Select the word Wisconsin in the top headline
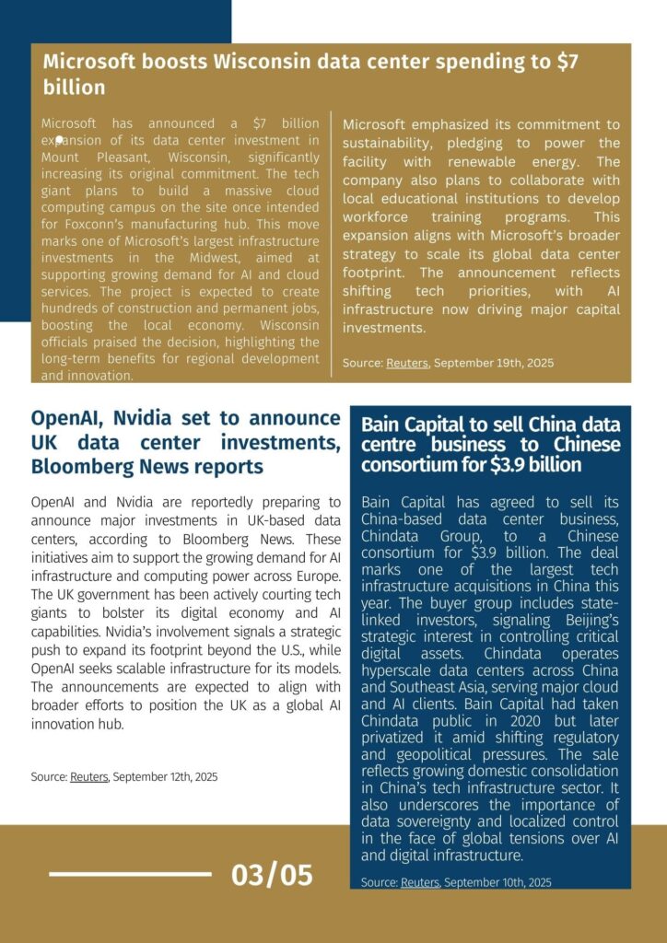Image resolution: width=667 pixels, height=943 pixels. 264,63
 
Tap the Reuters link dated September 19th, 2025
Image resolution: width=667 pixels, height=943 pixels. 407,363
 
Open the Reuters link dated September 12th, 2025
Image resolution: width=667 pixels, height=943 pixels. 89,777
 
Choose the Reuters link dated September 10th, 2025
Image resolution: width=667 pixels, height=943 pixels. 420,882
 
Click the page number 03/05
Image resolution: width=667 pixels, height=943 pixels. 272,874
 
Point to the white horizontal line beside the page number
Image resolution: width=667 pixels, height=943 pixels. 129,874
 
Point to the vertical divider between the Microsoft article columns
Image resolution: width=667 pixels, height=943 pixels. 331,244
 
